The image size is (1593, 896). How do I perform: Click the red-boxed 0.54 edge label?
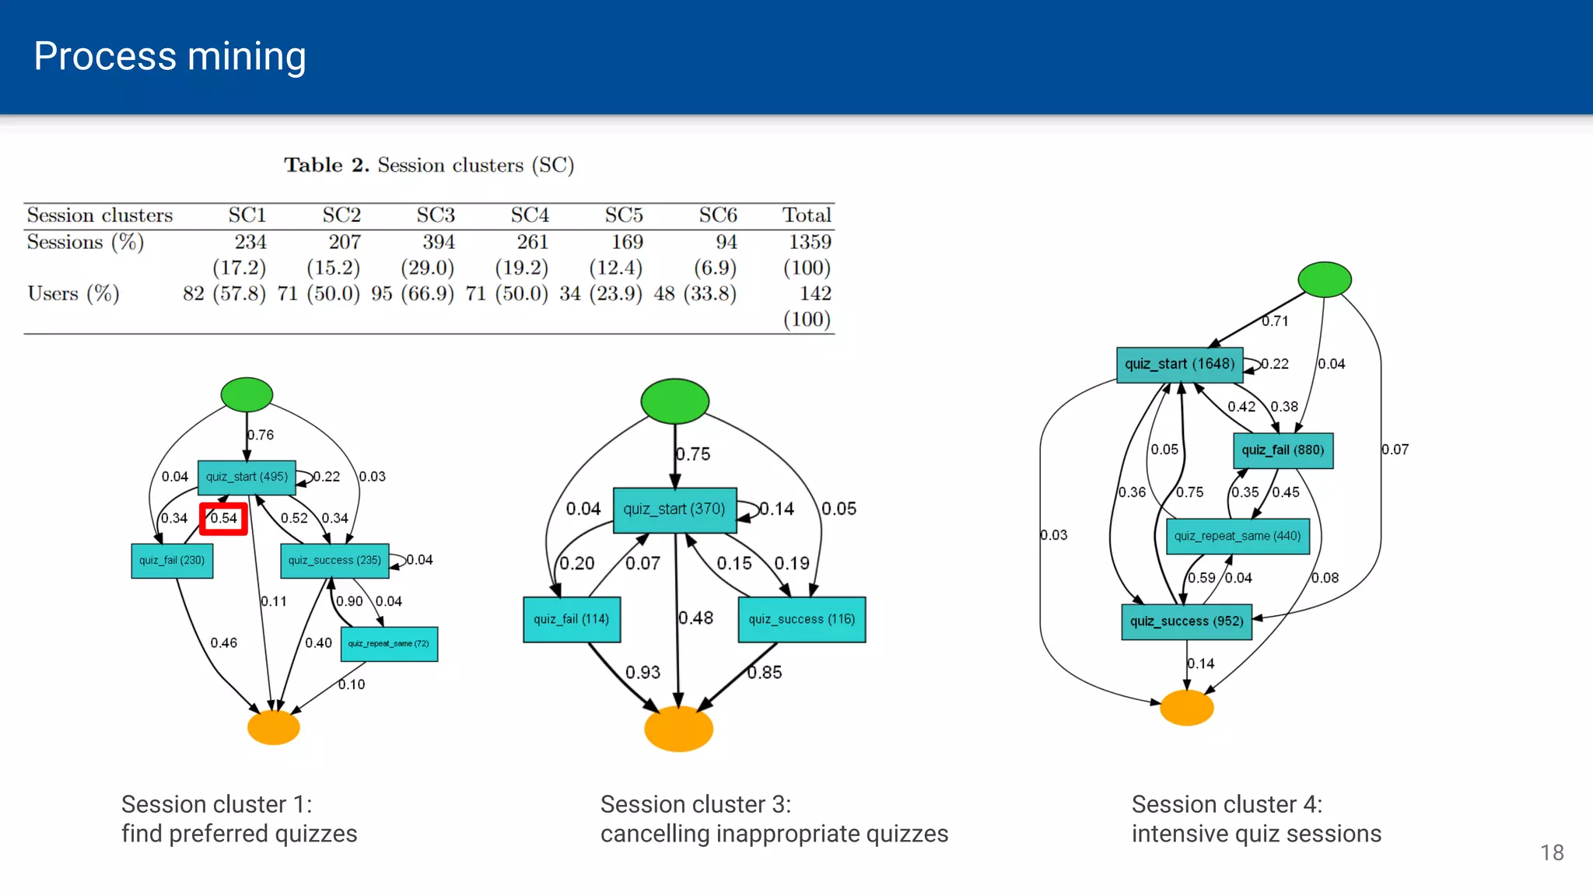pos(223,519)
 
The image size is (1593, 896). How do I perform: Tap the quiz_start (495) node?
pos(247,477)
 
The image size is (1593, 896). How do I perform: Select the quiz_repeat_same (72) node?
pos(389,644)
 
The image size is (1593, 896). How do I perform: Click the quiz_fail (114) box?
pos(572,619)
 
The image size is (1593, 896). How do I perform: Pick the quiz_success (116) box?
pos(801,619)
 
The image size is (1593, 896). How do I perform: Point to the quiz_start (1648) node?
pos(1179,364)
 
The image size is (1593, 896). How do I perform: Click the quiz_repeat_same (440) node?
pos(1238,536)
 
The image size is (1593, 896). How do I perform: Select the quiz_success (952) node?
pos(1186,621)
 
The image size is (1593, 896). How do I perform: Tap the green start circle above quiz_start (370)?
pos(674,401)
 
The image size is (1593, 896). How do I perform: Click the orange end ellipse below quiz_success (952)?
pos(1186,708)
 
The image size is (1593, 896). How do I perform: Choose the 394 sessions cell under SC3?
pos(438,242)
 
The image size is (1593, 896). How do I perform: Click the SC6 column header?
pos(717,215)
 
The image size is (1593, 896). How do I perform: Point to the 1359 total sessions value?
pos(809,242)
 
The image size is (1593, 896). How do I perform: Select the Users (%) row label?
pos(73,293)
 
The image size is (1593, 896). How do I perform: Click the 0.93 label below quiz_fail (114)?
pos(642,672)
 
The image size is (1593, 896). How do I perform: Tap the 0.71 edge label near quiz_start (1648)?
pos(1275,320)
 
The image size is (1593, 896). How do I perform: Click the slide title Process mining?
pos(170,56)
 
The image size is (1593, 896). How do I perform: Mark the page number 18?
pos(1552,852)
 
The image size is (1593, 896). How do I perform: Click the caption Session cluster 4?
pos(1227,804)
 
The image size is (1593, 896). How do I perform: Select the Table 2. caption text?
pos(429,165)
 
